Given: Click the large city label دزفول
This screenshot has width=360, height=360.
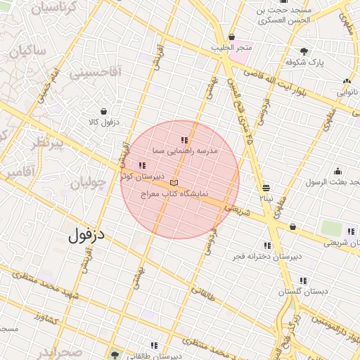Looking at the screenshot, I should click(x=86, y=236).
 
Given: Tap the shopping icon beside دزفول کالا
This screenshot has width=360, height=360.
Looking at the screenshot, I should click(x=104, y=111).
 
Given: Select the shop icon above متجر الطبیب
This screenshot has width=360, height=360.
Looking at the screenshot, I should click(x=231, y=37).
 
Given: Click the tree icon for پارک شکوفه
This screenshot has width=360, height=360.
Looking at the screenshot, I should click(x=304, y=51).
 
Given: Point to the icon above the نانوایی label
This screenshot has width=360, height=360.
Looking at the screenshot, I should click(x=345, y=81).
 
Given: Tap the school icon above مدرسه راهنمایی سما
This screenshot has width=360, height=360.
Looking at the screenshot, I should click(x=185, y=141).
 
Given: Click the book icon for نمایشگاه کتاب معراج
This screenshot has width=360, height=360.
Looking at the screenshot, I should click(x=174, y=183).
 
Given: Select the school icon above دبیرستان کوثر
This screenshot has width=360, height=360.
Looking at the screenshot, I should click(x=142, y=165).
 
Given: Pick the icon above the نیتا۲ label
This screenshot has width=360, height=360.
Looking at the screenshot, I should click(x=266, y=188).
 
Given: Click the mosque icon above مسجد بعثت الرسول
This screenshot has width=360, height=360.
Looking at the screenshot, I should click(x=337, y=171).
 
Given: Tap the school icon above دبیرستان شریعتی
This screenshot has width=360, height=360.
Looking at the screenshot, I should click(x=350, y=231).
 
